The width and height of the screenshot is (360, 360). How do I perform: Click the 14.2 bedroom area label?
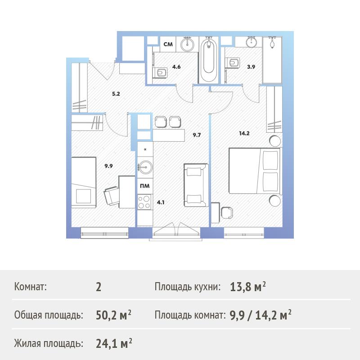tap(244, 133)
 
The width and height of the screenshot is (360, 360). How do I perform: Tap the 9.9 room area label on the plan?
tap(108, 166)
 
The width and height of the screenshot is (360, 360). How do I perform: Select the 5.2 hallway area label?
tap(116, 94)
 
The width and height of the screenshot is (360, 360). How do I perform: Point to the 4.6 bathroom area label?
tap(176, 67)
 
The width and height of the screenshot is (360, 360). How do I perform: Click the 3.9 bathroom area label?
tap(251, 67)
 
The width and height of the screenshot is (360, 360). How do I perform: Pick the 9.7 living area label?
tap(197, 135)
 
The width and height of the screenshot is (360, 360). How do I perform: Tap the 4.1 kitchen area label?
tap(161, 202)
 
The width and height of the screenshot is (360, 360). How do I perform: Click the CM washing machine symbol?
tap(168, 44)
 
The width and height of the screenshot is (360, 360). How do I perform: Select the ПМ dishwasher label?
tap(145, 186)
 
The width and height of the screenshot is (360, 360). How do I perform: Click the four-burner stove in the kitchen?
tap(144, 202)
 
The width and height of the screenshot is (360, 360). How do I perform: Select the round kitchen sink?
tap(145, 167)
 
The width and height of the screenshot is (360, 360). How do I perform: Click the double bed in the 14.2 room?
tap(255, 171)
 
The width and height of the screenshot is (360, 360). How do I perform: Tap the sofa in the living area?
tap(196, 185)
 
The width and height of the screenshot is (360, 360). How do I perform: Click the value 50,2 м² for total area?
tap(114, 315)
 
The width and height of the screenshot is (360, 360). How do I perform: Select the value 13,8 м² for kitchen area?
tap(248, 287)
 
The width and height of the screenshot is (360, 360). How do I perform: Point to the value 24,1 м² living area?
tap(114, 343)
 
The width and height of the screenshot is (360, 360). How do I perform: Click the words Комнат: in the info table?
tap(30, 287)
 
